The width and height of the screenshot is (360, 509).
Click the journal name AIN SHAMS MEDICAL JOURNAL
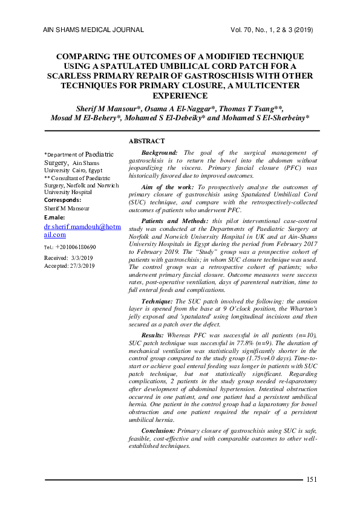[94, 29]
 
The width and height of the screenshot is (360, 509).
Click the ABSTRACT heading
[146, 141]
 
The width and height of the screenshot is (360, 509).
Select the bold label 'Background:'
[159, 154]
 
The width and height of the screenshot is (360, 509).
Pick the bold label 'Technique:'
[157, 300]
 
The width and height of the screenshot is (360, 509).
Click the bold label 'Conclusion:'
[159, 430]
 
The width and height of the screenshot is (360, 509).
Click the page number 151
[312, 479]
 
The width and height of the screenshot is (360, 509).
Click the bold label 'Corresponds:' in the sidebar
[63, 199]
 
